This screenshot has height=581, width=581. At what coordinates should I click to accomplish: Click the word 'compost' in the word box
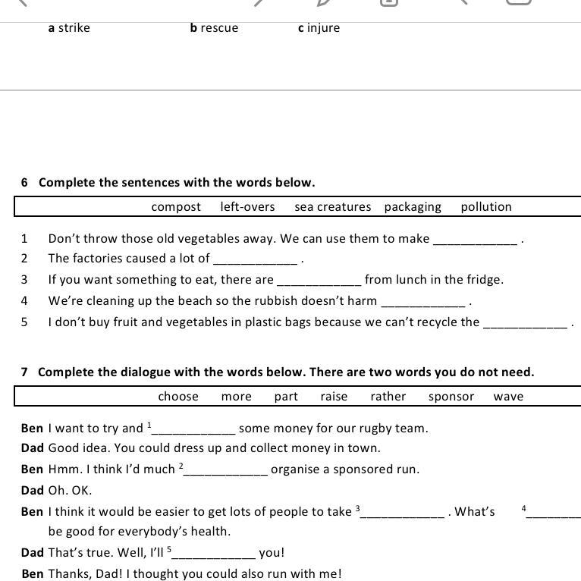pos(176,207)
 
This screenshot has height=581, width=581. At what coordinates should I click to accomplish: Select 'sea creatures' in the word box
pos(333,207)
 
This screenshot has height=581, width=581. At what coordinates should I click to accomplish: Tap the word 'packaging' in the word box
pos(413,207)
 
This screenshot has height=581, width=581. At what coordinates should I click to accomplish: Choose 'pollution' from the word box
pos(486,207)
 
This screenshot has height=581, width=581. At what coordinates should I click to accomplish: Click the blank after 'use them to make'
pos(475,240)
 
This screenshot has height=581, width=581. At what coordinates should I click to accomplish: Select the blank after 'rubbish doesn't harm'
pos(422,303)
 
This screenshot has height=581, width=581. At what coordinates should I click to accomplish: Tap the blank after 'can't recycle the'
pos(525,324)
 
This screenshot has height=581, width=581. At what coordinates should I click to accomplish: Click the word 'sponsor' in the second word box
pos(451,397)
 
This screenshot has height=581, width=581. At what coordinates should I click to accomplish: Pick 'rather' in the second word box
pos(388,397)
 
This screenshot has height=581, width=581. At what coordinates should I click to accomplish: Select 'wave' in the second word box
pos(508,397)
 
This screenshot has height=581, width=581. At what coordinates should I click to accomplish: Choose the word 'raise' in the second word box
pos(334,397)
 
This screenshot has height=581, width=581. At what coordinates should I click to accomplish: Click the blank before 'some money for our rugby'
pos(194,430)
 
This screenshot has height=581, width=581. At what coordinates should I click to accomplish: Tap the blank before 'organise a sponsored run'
pos(226,471)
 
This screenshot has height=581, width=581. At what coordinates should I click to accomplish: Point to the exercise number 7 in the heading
pos(25,372)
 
